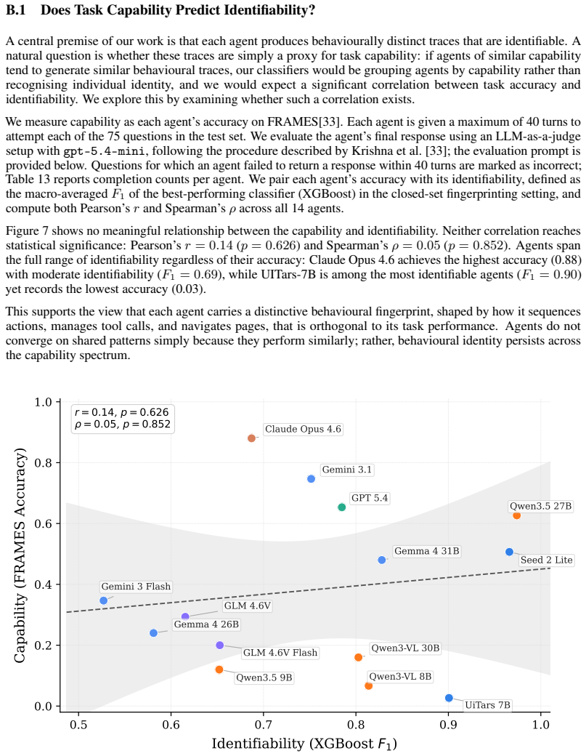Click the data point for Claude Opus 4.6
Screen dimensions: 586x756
pyautogui.click(x=251, y=438)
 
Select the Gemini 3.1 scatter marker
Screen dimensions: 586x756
pyautogui.click(x=311, y=479)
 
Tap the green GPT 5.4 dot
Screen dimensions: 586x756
pyautogui.click(x=342, y=507)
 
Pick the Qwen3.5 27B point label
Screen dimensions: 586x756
pyautogui.click(x=541, y=506)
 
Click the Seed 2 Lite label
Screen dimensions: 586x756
pyautogui.click(x=547, y=560)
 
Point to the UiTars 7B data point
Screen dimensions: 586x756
pyautogui.click(x=449, y=698)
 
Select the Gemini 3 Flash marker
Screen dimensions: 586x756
pyautogui.click(x=104, y=600)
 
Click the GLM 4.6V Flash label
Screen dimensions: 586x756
pyautogui.click(x=280, y=653)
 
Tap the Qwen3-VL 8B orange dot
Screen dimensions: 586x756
pyautogui.click(x=368, y=685)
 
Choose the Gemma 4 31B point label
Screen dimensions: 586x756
pyautogui.click(x=427, y=551)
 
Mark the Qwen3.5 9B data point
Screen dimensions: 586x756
pyautogui.click(x=219, y=669)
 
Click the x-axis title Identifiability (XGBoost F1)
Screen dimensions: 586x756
pyautogui.click(x=304, y=744)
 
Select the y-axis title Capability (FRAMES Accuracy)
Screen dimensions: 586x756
pyautogui.click(x=20, y=555)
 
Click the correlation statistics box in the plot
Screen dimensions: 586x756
pyautogui.click(x=122, y=418)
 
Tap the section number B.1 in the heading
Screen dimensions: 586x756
pyautogui.click(x=15, y=9)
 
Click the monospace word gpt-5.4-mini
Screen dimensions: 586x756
pyautogui.click(x=104, y=151)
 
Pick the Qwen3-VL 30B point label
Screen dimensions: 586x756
pyautogui.click(x=405, y=648)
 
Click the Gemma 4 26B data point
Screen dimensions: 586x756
pyautogui.click(x=154, y=632)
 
